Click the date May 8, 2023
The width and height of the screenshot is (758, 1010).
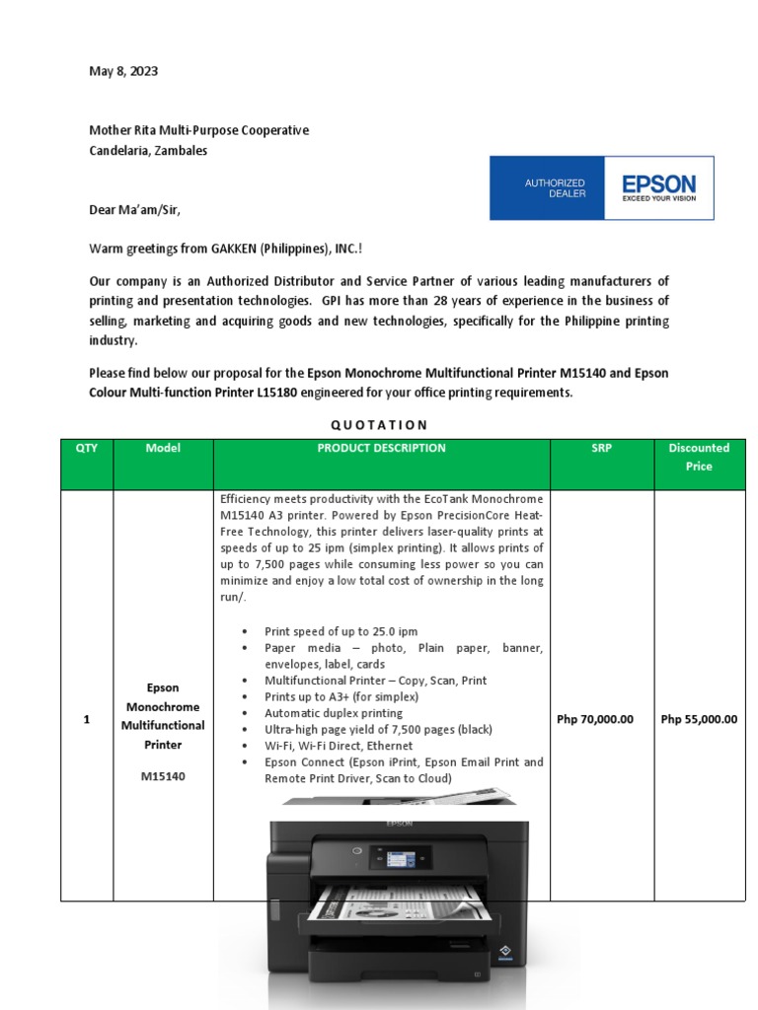click(x=123, y=72)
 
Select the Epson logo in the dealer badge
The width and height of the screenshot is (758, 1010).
click(x=657, y=186)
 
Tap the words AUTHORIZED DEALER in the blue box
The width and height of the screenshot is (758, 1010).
click(x=554, y=187)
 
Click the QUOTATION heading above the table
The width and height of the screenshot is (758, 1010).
click(x=379, y=425)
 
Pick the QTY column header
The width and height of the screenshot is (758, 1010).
click(x=87, y=448)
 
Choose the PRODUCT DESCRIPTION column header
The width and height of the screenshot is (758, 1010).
click(x=381, y=448)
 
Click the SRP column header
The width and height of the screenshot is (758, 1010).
click(x=601, y=448)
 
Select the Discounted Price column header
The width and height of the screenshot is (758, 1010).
click(x=699, y=457)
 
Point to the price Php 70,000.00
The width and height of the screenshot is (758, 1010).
click(x=595, y=719)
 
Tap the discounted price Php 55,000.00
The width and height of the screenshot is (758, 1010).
click(x=699, y=719)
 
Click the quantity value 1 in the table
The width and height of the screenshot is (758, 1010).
click(x=87, y=720)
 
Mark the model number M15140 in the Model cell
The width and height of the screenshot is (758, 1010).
click(x=163, y=776)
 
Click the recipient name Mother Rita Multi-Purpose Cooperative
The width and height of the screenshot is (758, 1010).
click(x=198, y=130)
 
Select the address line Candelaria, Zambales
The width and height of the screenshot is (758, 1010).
click(x=148, y=151)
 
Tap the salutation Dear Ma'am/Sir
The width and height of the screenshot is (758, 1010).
click(x=135, y=209)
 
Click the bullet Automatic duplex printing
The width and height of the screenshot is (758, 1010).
click(x=333, y=713)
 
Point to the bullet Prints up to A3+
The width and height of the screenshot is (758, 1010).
click(x=341, y=696)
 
